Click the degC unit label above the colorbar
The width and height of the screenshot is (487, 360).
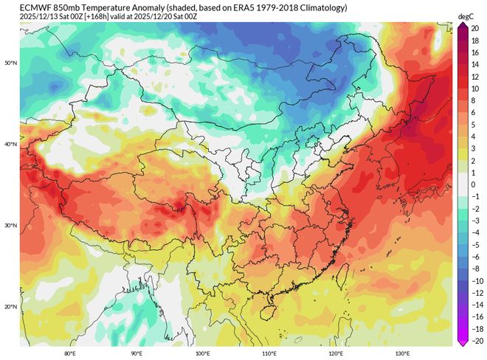coord(465,15)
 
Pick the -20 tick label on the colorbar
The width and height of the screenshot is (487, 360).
coord(476,341)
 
